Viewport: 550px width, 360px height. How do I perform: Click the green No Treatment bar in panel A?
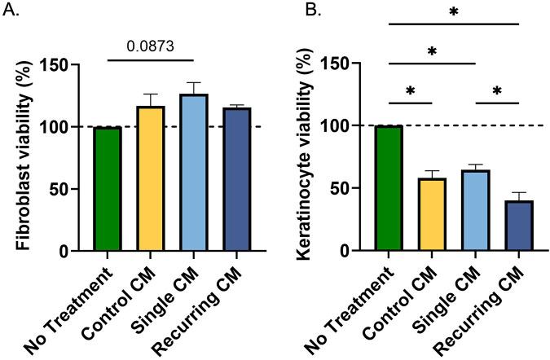(108, 189)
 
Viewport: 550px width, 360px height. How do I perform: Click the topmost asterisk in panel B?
(454, 12)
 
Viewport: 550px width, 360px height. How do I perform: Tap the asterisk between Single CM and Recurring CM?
(496, 90)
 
